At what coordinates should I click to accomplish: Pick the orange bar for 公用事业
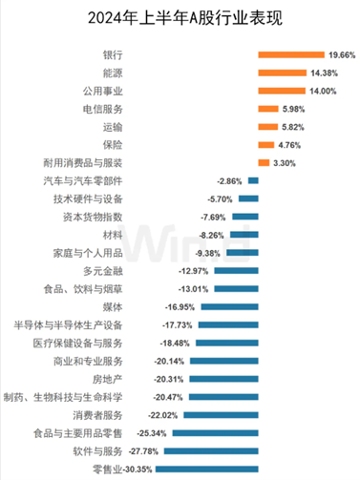(x=281, y=90)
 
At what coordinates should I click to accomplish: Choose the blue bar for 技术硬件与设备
(x=248, y=198)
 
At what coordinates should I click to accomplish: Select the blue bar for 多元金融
(x=236, y=270)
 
